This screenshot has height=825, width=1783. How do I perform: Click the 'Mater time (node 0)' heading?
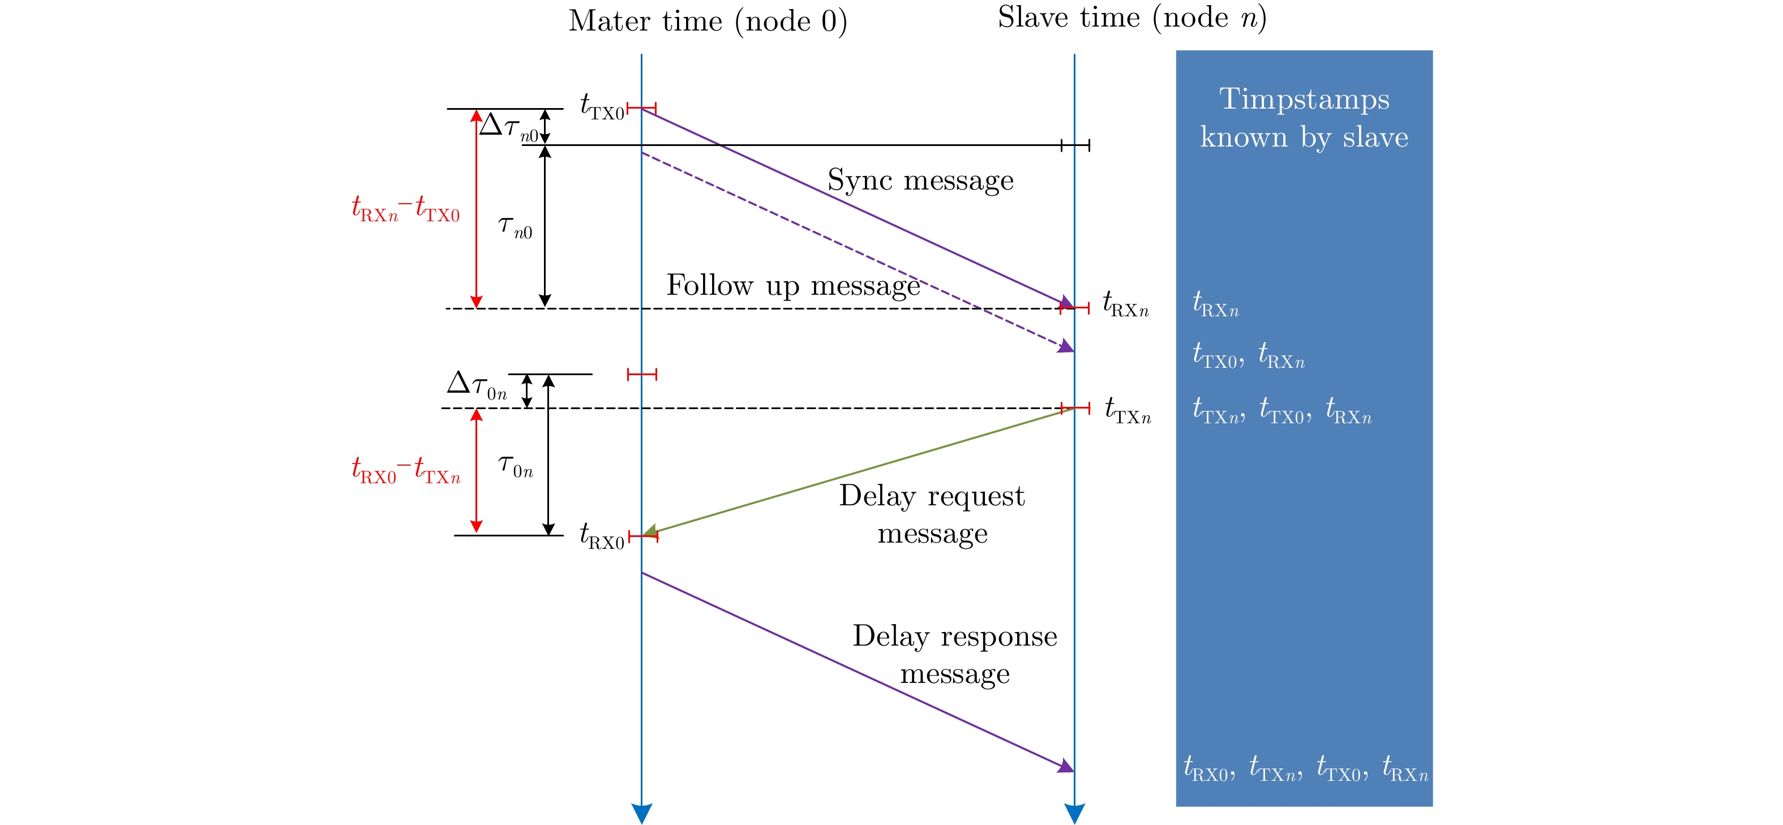pos(708,22)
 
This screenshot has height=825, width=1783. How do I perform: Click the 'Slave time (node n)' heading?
pos(1131,18)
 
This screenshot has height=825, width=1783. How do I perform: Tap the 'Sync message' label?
pos(920,181)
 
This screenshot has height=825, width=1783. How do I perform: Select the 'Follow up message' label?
pos(793,286)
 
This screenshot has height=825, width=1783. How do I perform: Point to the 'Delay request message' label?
pos(932,514)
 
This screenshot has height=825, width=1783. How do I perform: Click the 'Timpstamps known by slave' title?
pos(1304,118)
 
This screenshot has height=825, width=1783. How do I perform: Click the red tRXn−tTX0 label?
pos(406,209)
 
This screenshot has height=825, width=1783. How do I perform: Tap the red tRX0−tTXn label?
pos(406,471)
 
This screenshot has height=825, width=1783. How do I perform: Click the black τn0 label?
pos(516,227)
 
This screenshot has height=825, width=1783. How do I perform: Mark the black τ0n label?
pos(516,466)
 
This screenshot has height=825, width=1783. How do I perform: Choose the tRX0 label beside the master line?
pos(602,536)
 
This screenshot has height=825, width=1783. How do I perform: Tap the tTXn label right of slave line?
pos(1128,410)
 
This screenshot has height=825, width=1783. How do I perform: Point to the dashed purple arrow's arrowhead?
pos(1066,347)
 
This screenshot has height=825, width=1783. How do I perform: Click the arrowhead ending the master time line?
pos(642,813)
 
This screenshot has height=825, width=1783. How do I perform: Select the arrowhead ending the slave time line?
pos(1074,813)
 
